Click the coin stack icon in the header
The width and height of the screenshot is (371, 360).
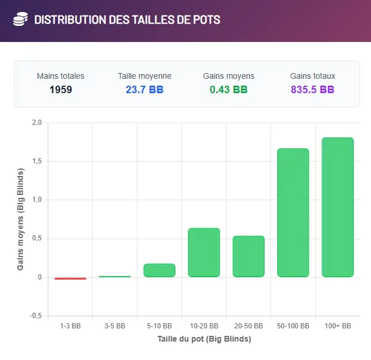click(20, 20)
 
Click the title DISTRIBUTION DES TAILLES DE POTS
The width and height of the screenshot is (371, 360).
click(127, 20)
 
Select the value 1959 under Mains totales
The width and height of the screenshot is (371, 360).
click(60, 90)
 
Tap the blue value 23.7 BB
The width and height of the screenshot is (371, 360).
click(144, 90)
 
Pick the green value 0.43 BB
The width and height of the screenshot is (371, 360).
click(228, 90)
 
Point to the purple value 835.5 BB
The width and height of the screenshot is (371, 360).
click(312, 90)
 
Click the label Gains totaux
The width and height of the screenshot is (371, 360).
click(312, 76)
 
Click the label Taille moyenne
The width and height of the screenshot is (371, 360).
click(144, 76)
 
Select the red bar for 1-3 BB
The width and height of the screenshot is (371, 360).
click(70, 278)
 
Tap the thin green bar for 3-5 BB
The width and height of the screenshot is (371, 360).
click(114, 277)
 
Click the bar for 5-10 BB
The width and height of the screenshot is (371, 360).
click(159, 270)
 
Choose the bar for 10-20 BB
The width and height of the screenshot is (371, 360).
click(204, 252)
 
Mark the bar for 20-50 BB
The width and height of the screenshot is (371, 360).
click(248, 256)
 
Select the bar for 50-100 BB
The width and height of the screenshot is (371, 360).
click(293, 213)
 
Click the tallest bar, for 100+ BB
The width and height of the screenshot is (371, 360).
click(338, 207)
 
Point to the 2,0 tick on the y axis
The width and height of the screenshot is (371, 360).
click(37, 122)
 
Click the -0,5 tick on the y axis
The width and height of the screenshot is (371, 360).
click(36, 316)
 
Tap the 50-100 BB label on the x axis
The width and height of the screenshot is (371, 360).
click(293, 326)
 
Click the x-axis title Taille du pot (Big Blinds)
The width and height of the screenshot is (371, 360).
click(204, 339)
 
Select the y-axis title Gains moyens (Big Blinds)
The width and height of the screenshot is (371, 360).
click(21, 219)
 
